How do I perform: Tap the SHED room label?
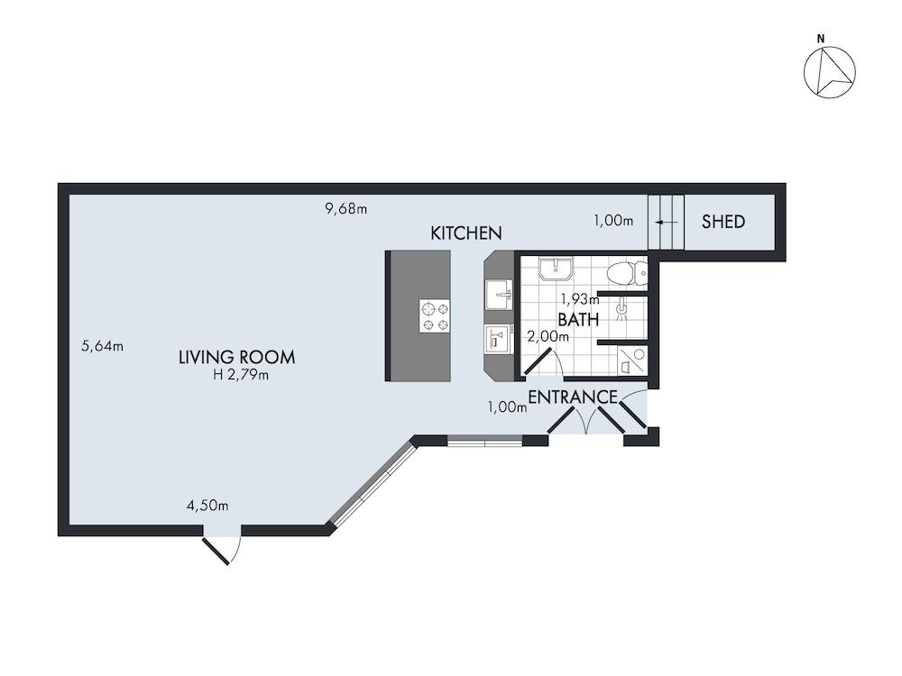pyautogui.click(x=723, y=221)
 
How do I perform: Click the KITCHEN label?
pyautogui.click(x=465, y=233)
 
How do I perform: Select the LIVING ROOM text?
pyautogui.click(x=236, y=357)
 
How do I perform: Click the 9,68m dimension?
pyautogui.click(x=346, y=209)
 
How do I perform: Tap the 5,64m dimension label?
pyautogui.click(x=102, y=345)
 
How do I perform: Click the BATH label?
pyautogui.click(x=578, y=319)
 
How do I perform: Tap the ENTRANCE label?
pyautogui.click(x=572, y=397)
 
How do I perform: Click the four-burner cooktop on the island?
pyautogui.click(x=435, y=316)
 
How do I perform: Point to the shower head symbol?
pyautogui.click(x=621, y=309)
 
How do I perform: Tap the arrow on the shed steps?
pyautogui.click(x=666, y=222)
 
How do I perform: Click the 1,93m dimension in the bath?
pyautogui.click(x=579, y=299)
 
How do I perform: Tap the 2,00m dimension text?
pyautogui.click(x=548, y=336)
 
